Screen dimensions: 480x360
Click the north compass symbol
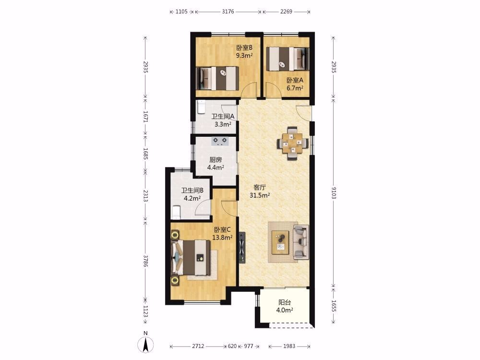(x=146, y=344)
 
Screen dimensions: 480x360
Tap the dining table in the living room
(x=293, y=143)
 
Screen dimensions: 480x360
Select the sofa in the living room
(x=300, y=242)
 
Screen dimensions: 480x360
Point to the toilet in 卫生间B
(x=176, y=213)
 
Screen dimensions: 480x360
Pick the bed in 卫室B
(x=217, y=78)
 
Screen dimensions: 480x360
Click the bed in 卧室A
(x=287, y=59)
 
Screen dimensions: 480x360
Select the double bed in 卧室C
(x=192, y=258)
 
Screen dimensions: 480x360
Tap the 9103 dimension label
(x=334, y=193)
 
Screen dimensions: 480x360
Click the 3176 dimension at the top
(x=228, y=12)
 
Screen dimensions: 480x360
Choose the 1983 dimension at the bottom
(x=289, y=346)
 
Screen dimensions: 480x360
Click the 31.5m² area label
(x=260, y=195)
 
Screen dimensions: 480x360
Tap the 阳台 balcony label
(x=284, y=303)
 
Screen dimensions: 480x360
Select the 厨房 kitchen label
(x=216, y=160)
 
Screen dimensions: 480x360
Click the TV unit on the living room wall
(x=242, y=247)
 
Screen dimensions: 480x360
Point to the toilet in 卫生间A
(x=201, y=108)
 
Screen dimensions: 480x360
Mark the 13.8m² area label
(x=222, y=237)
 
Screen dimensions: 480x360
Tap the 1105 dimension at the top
(x=181, y=12)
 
